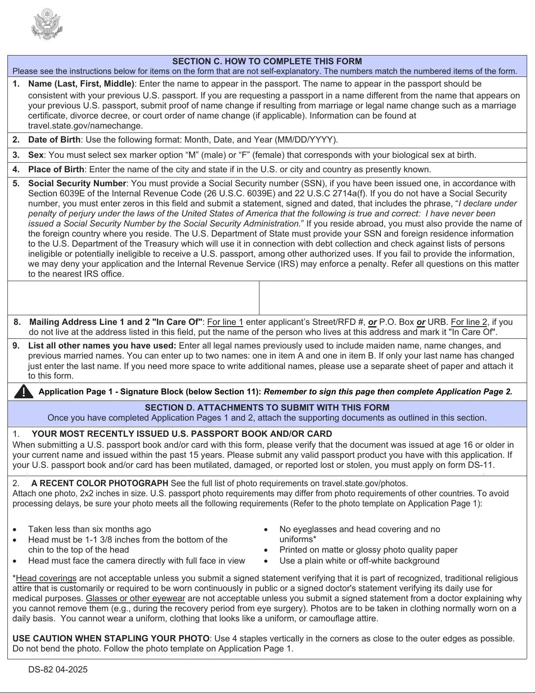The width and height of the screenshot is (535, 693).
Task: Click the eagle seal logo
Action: click(47, 24)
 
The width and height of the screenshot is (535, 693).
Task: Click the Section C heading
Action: click(267, 61)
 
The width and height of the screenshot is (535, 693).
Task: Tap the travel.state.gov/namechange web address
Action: click(86, 126)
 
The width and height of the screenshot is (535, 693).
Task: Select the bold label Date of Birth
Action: click(54, 140)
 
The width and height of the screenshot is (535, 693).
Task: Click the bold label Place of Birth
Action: click(56, 170)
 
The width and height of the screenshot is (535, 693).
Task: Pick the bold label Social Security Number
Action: click(77, 184)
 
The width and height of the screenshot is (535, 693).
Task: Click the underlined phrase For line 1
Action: click(225, 322)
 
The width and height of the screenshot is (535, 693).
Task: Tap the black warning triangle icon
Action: click(24, 391)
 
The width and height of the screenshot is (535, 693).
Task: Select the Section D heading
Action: click(267, 408)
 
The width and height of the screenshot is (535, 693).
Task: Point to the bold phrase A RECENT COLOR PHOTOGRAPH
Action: click(100, 484)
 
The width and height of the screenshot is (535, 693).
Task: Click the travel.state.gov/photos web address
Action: click(364, 484)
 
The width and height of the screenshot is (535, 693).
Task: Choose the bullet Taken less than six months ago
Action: click(90, 529)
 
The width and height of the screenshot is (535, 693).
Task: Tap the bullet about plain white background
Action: click(359, 561)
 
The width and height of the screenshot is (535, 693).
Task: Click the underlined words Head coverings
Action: click(46, 578)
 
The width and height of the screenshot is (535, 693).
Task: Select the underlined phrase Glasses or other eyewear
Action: click(135, 599)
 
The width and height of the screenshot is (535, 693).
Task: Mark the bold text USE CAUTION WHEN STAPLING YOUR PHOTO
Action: click(111, 639)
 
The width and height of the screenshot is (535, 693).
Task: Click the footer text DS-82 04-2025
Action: click(58, 670)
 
